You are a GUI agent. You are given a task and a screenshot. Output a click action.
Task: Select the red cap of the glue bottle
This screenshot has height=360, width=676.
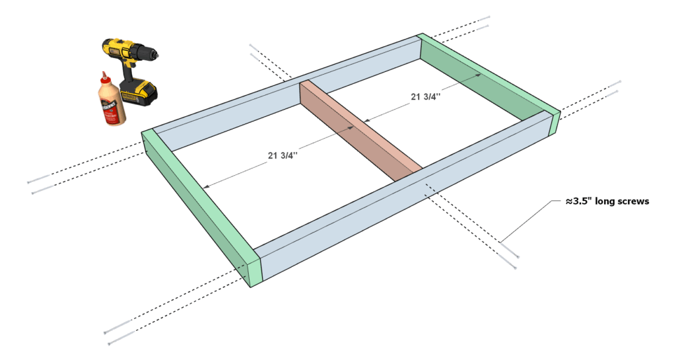coord(104,77)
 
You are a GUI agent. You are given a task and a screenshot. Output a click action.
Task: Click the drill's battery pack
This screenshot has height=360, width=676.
coord(139,92)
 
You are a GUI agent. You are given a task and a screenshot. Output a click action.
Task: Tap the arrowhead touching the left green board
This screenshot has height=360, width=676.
coord(207,187)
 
